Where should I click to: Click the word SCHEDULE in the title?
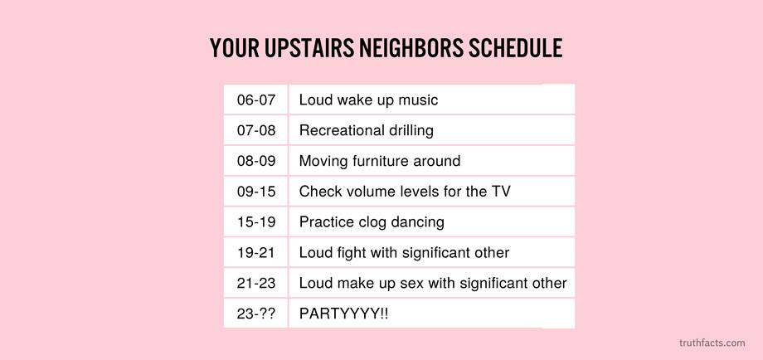click(515, 47)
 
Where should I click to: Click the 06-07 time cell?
click(256, 100)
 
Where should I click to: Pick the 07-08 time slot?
click(256, 130)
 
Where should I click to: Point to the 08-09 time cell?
click(256, 161)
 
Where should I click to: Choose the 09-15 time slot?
click(256, 191)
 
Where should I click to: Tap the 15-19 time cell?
click(256, 221)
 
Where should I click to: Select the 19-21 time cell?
click(256, 252)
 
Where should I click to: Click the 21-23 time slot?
click(256, 283)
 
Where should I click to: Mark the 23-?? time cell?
click(256, 314)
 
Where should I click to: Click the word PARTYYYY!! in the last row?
click(343, 314)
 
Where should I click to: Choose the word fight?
click(352, 253)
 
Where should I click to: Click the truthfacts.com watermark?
click(712, 343)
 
